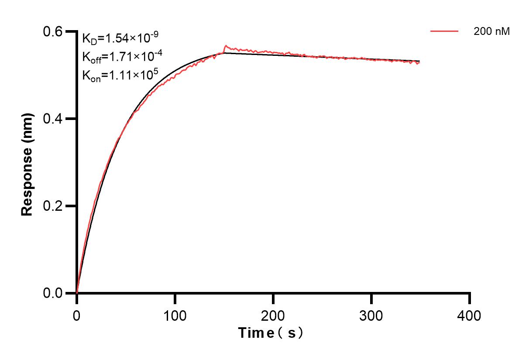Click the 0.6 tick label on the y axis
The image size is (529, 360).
(52, 31)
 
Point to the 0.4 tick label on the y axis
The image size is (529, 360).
(52, 119)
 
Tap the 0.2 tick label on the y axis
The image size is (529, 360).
(52, 206)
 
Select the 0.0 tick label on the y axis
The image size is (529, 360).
(52, 293)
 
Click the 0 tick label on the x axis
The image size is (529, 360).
(77, 315)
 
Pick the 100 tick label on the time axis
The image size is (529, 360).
(175, 315)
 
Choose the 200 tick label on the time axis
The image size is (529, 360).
(273, 315)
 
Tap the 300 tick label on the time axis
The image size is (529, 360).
(371, 315)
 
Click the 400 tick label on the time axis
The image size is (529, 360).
(469, 315)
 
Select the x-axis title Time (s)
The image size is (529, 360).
(271, 333)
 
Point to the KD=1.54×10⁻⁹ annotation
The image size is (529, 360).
(117, 38)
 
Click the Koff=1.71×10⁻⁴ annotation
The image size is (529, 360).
(117, 57)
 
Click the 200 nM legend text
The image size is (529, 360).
(492, 31)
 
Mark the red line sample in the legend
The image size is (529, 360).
(444, 31)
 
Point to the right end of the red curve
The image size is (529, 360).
(419, 63)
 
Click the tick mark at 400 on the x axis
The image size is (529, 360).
(470, 298)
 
